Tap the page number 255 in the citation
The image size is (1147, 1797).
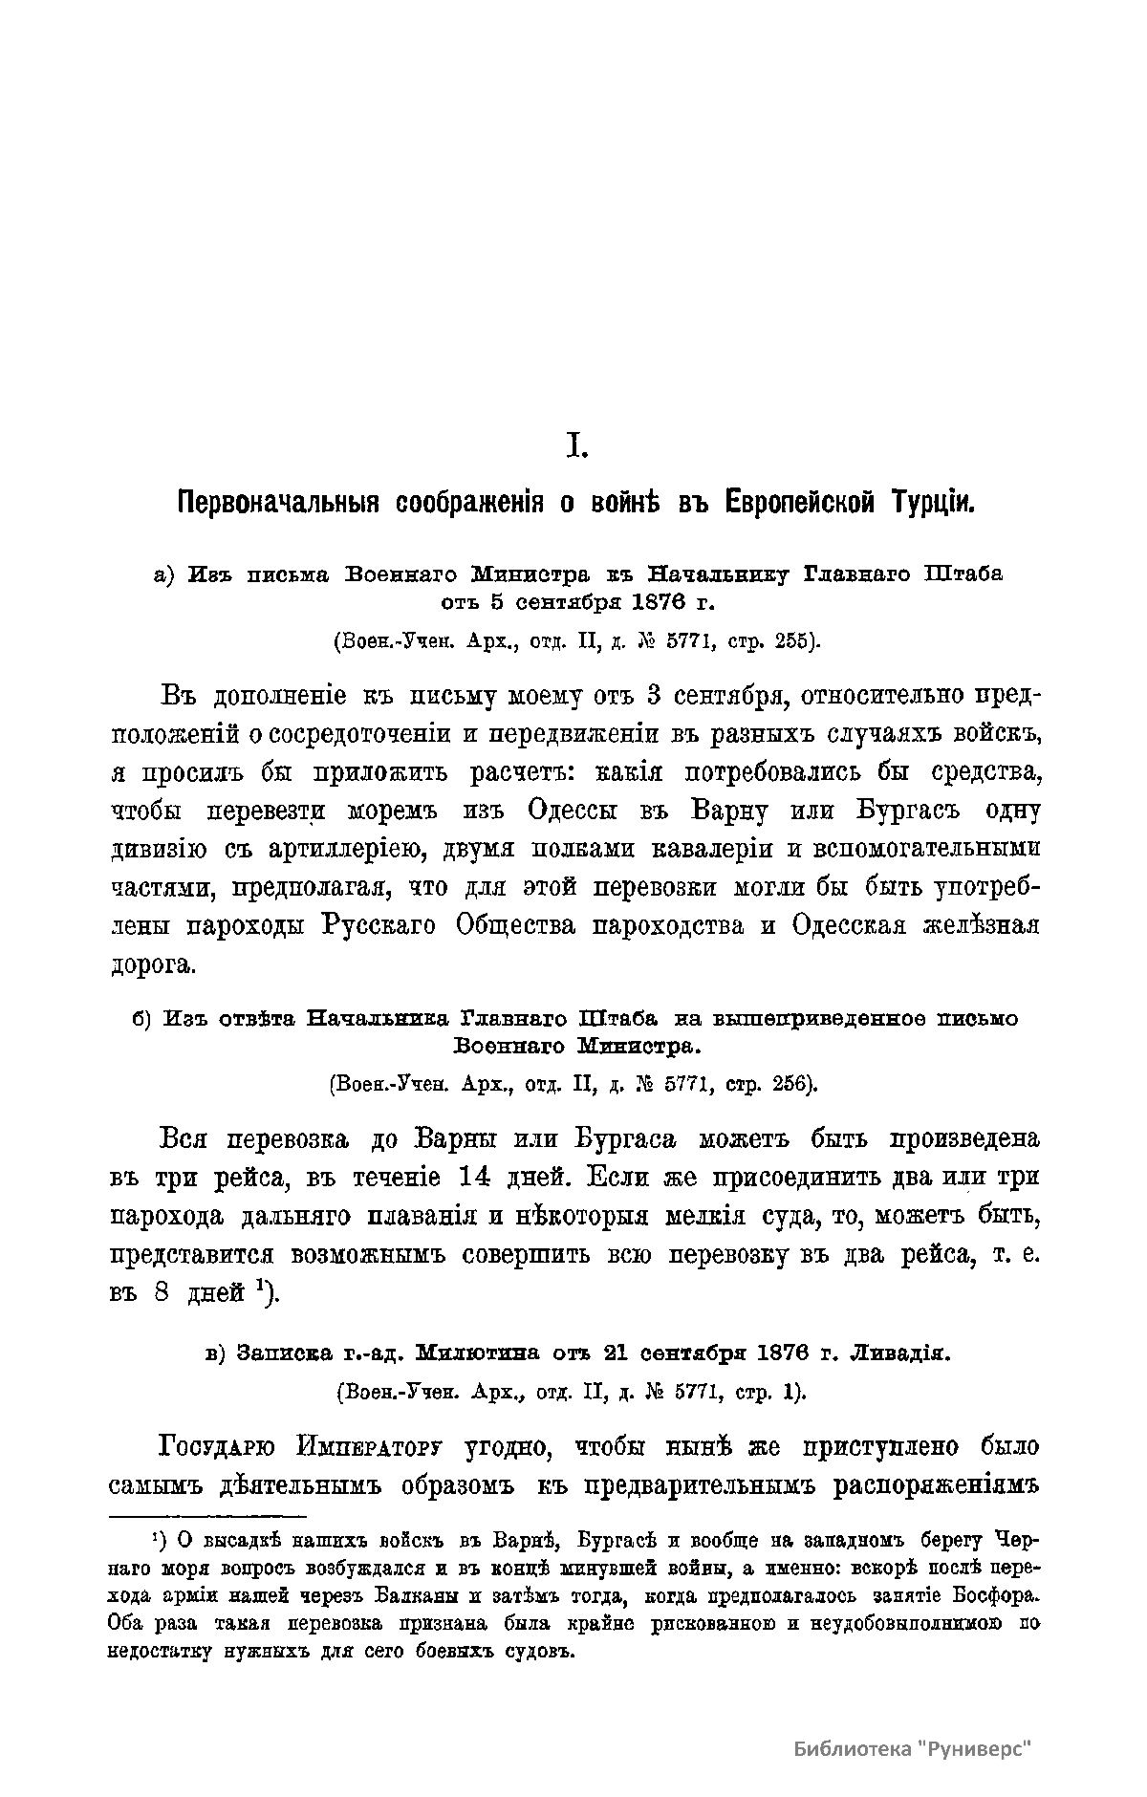[794, 641]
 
